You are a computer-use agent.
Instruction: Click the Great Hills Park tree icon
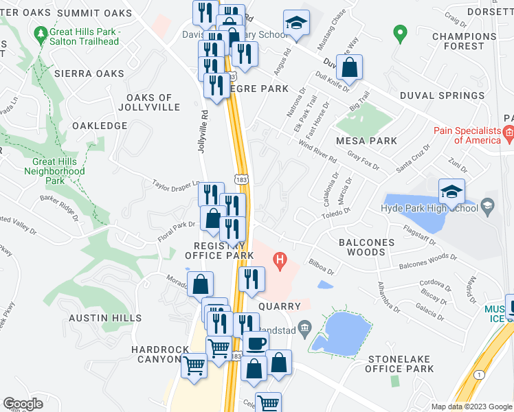pos(41,32)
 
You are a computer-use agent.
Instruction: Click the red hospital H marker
pos(280,260)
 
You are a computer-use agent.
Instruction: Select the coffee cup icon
pos(257,341)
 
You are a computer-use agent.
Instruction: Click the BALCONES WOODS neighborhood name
pos(366,247)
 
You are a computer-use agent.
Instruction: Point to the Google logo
pos(23,404)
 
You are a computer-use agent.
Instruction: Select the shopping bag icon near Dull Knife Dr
pos(350,67)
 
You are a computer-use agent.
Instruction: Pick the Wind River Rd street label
pos(317,150)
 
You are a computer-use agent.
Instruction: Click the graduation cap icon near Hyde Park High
pos(451,191)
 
